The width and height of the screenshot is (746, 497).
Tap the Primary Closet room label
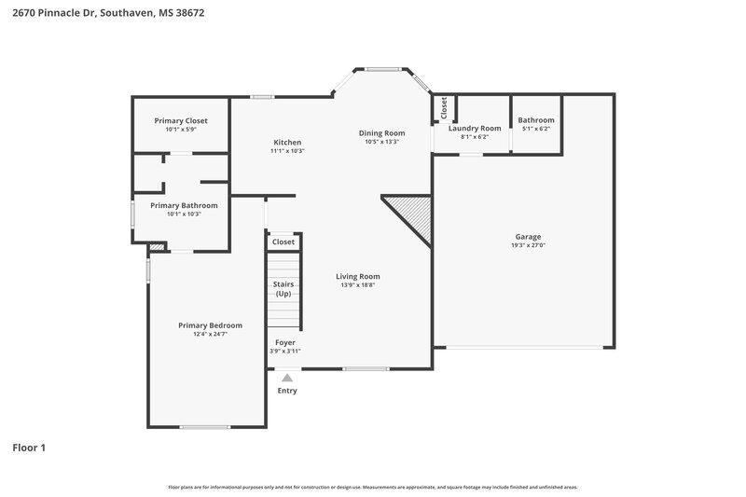[181, 121]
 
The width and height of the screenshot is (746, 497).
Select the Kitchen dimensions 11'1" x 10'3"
[288, 151]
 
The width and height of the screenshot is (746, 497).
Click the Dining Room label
[381, 133]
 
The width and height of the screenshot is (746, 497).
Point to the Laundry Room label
[475, 128]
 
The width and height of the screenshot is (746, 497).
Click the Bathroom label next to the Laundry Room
[536, 120]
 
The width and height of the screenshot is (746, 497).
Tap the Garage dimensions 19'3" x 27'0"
[528, 245]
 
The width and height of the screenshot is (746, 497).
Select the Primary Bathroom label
[184, 205]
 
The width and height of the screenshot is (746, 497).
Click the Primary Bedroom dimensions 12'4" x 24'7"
[210, 334]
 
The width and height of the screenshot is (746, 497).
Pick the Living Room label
[358, 276]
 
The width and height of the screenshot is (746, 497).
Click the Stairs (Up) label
[283, 288]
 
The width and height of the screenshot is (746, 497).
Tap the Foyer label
[285, 342]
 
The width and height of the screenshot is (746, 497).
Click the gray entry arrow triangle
[287, 378]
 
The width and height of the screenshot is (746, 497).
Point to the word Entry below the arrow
[287, 391]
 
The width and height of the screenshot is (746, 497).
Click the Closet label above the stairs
[283, 242]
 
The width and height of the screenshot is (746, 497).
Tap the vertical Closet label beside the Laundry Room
[444, 107]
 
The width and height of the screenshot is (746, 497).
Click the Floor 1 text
[29, 448]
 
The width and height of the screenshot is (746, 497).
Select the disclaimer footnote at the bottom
[372, 487]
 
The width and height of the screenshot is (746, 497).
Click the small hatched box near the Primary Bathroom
[157, 247]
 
